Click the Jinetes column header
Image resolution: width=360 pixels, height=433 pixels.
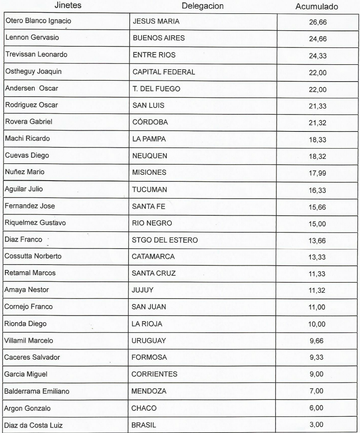point(69,6)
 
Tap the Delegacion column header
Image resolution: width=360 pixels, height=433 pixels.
point(203,6)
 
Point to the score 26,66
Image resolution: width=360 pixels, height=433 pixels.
point(318,23)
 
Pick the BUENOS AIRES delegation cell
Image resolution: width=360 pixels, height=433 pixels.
point(158,38)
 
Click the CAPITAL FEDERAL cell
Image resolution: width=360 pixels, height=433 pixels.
point(164,72)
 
